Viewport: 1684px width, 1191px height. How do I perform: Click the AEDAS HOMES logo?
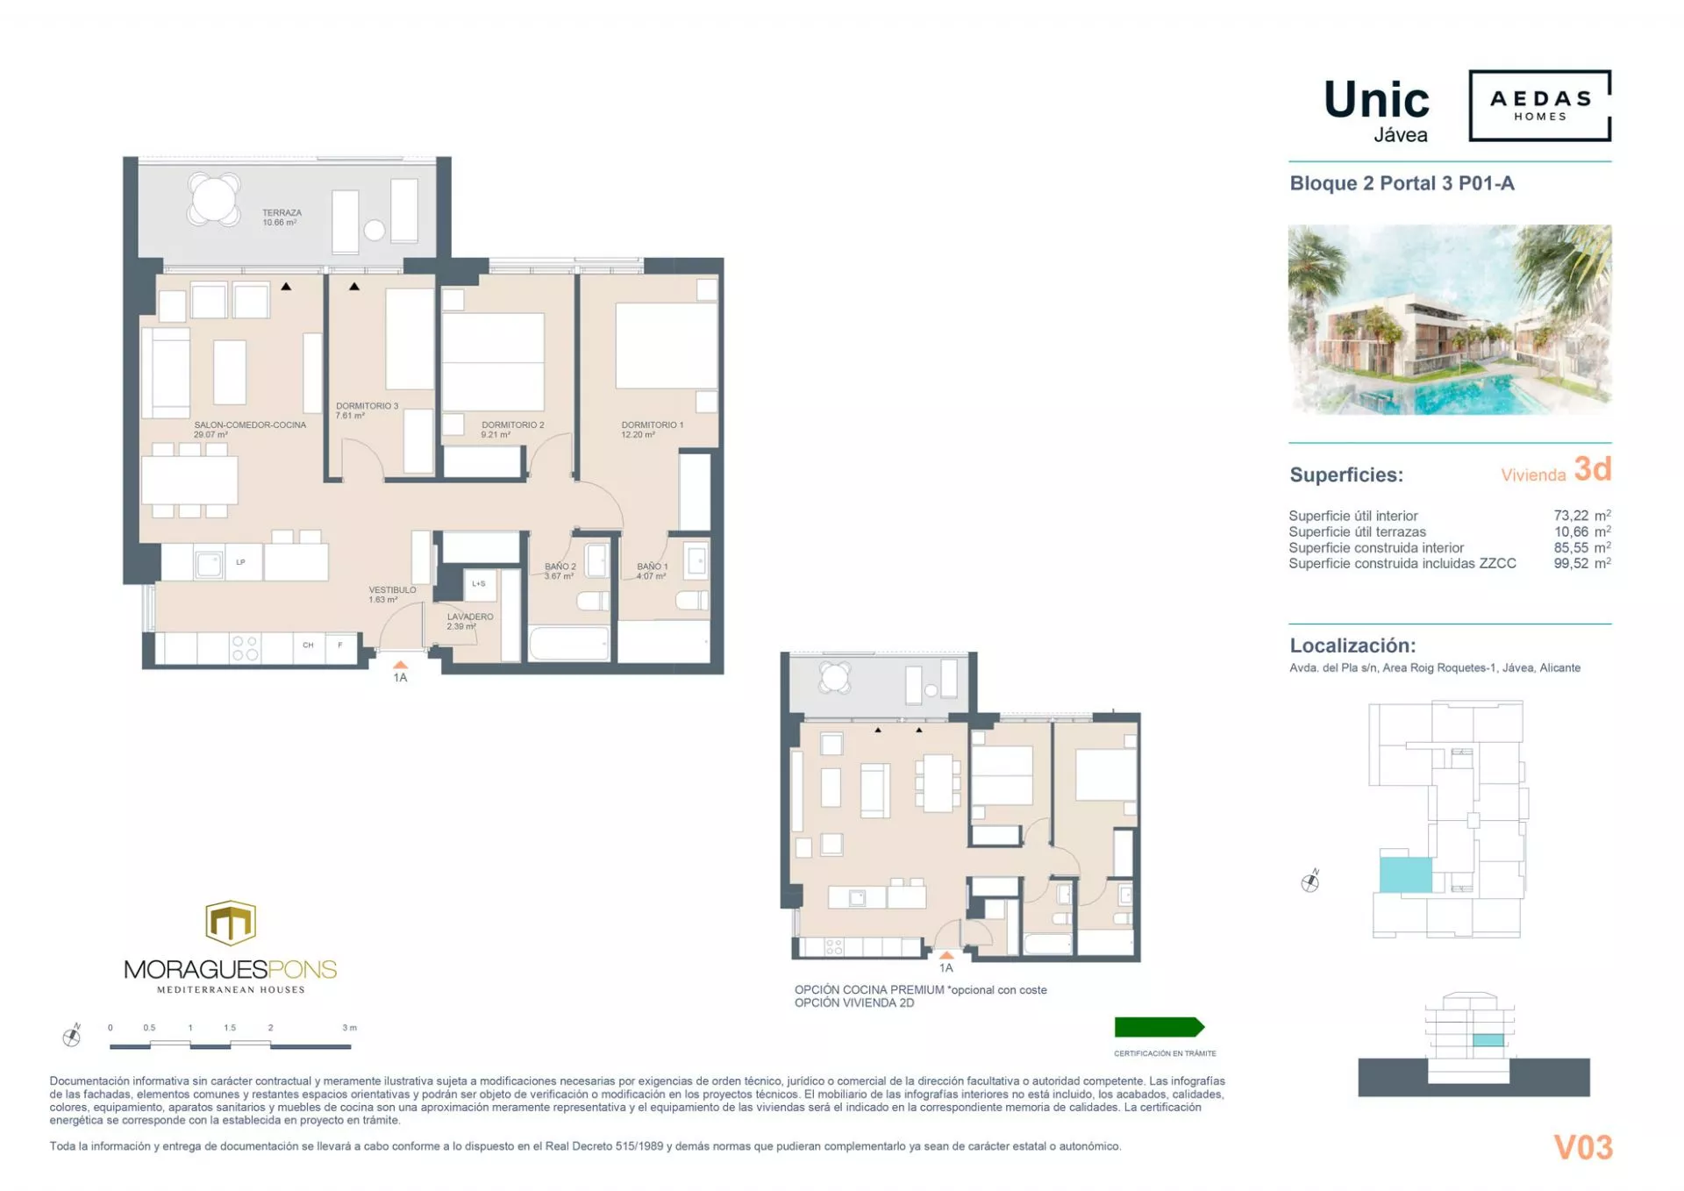tap(1539, 105)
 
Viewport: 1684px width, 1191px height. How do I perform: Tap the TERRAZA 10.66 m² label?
tap(281, 218)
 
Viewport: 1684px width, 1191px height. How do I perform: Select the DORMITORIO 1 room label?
tap(651, 429)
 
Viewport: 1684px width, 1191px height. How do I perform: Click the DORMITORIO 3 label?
tap(367, 410)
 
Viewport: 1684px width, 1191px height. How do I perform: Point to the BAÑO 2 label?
tap(560, 571)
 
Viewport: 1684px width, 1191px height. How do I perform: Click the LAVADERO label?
tap(469, 621)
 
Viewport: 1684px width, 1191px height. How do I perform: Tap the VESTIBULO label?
tap(391, 595)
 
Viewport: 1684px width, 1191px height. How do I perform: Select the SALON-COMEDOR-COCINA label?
tap(250, 429)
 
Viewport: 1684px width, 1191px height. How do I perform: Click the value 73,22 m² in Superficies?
tap(1581, 516)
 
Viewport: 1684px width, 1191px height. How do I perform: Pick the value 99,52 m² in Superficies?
tap(1581, 563)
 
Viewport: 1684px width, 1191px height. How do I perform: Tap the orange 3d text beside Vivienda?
tap(1592, 469)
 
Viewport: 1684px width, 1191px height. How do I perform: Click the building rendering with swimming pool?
tap(1449, 319)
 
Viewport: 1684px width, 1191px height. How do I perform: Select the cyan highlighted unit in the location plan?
tap(1405, 874)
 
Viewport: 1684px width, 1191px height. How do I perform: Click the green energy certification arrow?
tap(1158, 1027)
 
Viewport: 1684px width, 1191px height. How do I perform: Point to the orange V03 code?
tap(1582, 1147)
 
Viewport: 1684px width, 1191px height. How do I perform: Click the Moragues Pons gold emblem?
tap(230, 923)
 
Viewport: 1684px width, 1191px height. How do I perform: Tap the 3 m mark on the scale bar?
tap(349, 1028)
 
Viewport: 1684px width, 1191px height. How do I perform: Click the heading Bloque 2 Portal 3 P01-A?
tap(1401, 183)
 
